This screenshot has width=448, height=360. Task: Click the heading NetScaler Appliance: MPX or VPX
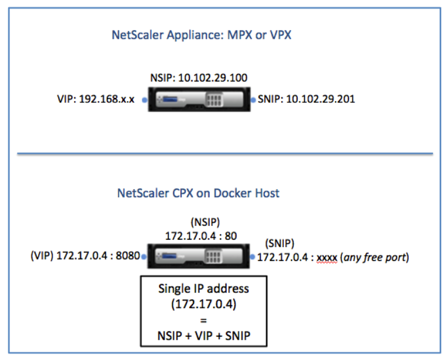[201, 35]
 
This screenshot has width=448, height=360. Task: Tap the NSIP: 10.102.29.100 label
[199, 78]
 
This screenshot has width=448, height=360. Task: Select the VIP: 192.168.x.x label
[96, 99]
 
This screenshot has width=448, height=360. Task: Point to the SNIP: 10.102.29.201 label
[306, 99]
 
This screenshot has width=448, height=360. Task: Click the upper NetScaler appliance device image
[199, 99]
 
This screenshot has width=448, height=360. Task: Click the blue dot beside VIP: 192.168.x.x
[144, 100]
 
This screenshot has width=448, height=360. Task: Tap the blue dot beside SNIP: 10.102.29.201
[253, 100]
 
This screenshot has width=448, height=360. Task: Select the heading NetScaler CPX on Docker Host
[198, 193]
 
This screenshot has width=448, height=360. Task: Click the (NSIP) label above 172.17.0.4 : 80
[205, 222]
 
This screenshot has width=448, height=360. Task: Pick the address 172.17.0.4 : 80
[201, 236]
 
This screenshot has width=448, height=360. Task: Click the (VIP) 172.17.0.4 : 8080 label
[85, 256]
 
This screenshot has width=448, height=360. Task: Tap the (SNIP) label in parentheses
[280, 243]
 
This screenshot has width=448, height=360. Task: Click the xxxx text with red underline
[327, 258]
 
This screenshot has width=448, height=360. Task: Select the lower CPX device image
[198, 256]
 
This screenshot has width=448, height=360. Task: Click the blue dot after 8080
[143, 256]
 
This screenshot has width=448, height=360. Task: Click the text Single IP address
[204, 289]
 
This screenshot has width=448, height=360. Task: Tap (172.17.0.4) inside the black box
[204, 304]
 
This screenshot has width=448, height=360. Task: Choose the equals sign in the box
[204, 321]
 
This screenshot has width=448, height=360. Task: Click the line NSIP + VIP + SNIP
[204, 336]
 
